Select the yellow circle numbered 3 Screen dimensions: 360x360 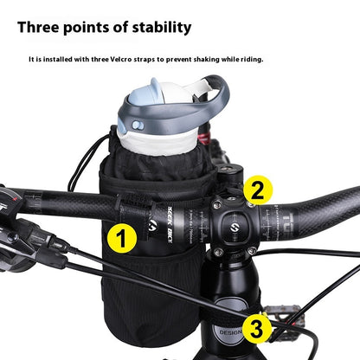(x=257, y=328)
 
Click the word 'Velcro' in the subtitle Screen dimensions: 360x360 (x=139, y=60)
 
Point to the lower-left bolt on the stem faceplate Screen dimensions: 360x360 (x=217, y=253)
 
